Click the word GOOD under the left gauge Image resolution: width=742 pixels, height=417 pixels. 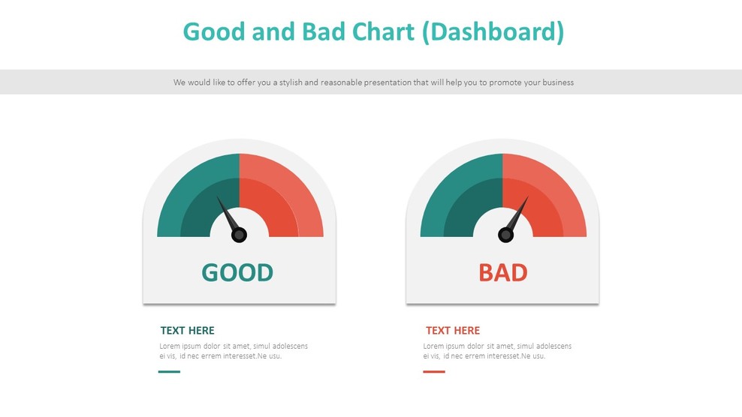(x=237, y=272)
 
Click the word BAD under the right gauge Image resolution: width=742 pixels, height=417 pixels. (x=502, y=272)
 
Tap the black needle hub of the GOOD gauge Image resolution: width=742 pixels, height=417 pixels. (x=239, y=235)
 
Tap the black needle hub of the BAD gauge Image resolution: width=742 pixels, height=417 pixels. (x=505, y=235)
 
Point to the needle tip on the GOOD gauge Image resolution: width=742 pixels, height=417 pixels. (x=219, y=199)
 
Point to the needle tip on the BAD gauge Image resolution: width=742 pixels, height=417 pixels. (x=527, y=198)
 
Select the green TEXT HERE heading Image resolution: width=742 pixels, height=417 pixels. (x=187, y=330)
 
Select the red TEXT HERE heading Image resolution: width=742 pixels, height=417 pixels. (x=452, y=330)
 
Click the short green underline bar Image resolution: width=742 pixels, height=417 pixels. (x=169, y=371)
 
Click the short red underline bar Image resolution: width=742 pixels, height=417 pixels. (x=433, y=371)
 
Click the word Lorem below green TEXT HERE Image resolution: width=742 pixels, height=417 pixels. (x=170, y=346)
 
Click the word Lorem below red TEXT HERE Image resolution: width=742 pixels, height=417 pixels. (x=434, y=346)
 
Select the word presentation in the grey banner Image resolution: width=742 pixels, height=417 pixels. (x=385, y=82)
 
